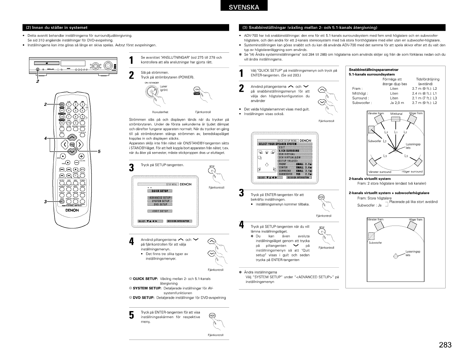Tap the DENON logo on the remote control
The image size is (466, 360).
[x=72, y=210]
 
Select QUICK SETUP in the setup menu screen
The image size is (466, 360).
[x=160, y=191]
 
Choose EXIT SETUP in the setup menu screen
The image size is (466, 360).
[x=160, y=211]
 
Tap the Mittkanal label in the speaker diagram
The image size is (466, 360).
[x=396, y=114]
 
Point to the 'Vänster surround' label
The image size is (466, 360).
[x=379, y=172]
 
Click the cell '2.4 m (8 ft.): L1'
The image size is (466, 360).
[x=424, y=93]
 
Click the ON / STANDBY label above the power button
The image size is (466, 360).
[x=152, y=83]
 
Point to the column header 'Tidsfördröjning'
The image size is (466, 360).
[x=428, y=79]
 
